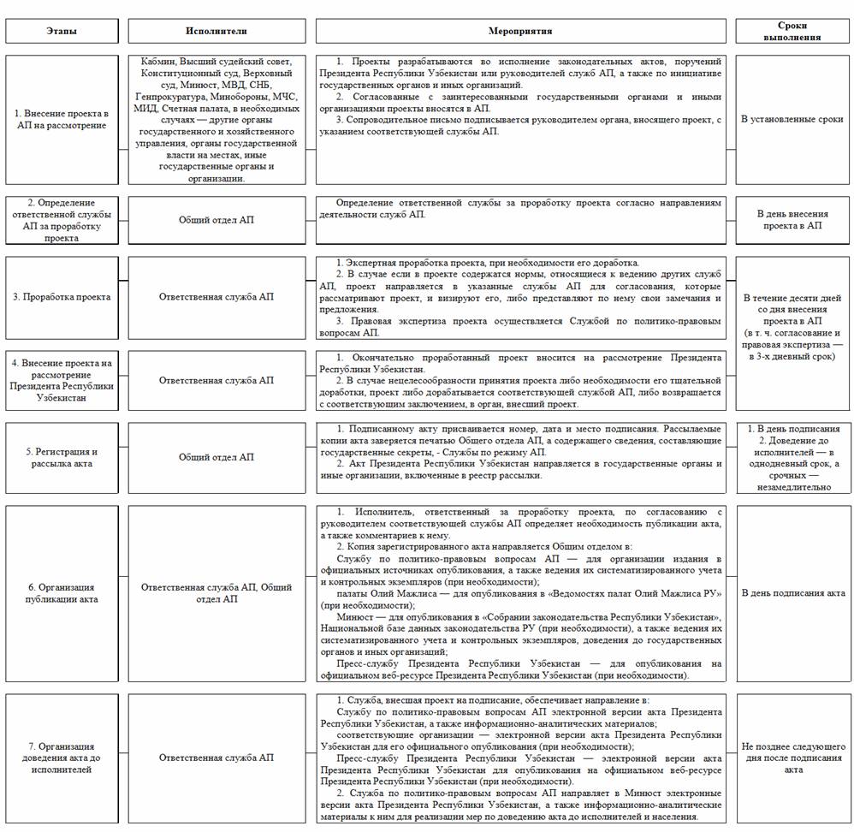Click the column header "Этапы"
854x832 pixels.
click(61, 31)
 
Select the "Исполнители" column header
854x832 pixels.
click(216, 31)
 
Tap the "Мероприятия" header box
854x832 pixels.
click(520, 31)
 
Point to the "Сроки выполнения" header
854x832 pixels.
click(792, 31)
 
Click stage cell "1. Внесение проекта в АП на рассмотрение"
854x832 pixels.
click(62, 120)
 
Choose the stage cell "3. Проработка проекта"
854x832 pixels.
click(62, 297)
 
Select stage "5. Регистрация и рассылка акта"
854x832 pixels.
click(62, 457)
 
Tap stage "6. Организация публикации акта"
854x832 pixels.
click(62, 593)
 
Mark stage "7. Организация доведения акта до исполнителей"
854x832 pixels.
click(62, 758)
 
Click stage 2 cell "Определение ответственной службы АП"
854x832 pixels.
click(62, 220)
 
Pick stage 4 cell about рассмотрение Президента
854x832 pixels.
click(62, 380)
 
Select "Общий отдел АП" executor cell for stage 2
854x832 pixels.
click(216, 220)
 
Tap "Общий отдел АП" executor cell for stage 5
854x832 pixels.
click(216, 457)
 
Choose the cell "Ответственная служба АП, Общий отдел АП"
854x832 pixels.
click(216, 593)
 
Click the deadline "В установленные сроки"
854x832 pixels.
click(792, 120)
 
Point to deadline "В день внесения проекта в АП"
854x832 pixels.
click(792, 219)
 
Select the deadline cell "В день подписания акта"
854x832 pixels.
click(792, 592)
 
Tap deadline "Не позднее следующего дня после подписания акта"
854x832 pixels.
click(792, 758)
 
